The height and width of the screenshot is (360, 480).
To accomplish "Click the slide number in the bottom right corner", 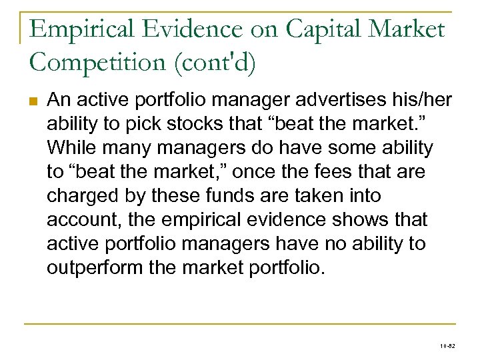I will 447,345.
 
